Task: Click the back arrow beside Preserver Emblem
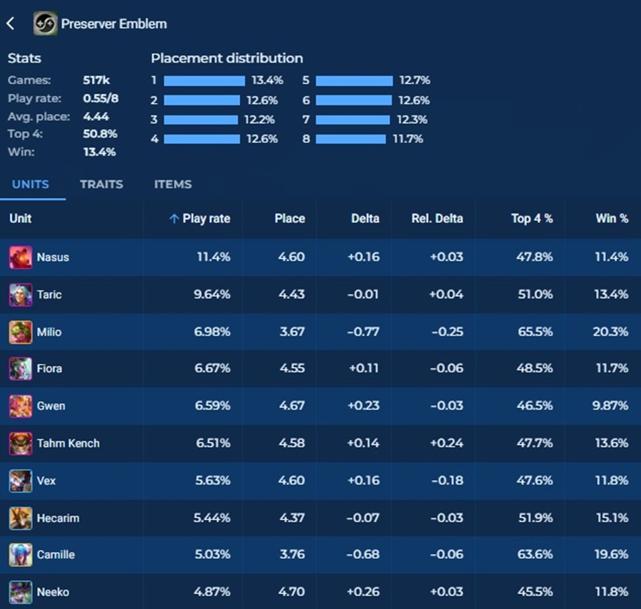(x=11, y=24)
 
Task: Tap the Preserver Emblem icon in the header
(x=46, y=24)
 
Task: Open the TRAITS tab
(x=101, y=184)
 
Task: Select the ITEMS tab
(x=173, y=184)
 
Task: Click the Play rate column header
(x=206, y=219)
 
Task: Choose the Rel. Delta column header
(x=437, y=219)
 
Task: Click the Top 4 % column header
(x=531, y=219)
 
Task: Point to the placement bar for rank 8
(x=350, y=139)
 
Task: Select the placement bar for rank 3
(x=200, y=120)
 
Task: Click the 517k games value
(x=96, y=80)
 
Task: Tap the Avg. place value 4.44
(x=96, y=116)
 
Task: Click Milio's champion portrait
(x=21, y=332)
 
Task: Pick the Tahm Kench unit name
(x=68, y=443)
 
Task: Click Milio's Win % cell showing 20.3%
(x=611, y=332)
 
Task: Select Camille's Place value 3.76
(x=292, y=555)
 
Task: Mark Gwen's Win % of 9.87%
(x=611, y=406)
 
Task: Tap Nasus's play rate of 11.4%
(x=213, y=257)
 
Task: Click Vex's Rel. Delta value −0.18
(x=447, y=481)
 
